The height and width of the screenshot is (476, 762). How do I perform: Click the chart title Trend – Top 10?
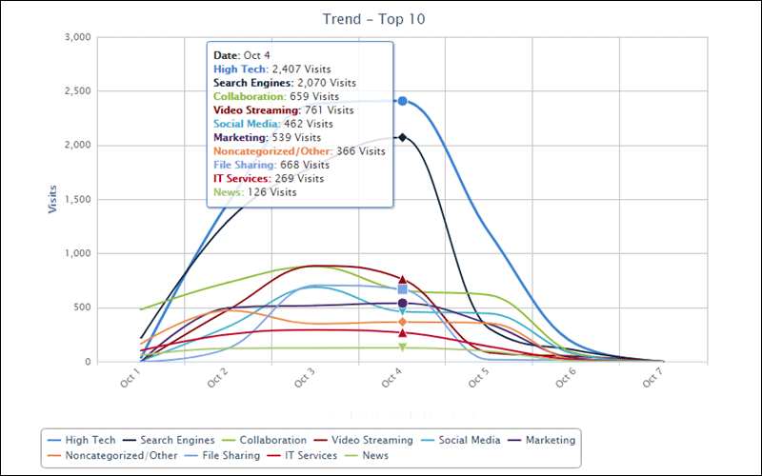coord(381,18)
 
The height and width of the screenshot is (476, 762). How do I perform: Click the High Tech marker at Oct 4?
coord(403,101)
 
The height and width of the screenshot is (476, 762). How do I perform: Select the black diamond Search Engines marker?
coord(403,137)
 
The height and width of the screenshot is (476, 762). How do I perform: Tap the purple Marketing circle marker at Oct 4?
coord(403,304)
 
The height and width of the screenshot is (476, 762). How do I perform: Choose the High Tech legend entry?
coord(83,440)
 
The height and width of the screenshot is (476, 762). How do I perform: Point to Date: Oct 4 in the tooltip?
coord(246,55)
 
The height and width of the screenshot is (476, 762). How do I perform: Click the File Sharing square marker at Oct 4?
coord(403,289)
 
